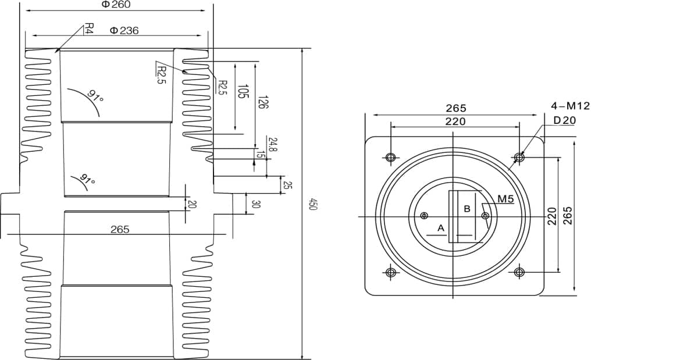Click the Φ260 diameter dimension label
click(116, 5)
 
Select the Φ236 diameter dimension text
click(124, 30)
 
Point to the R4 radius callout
click(89, 28)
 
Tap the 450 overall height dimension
click(312, 205)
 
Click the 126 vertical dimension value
click(262, 102)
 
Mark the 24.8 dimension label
click(273, 144)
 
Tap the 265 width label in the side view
click(120, 230)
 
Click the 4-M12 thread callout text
click(570, 106)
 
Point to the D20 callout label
click(564, 120)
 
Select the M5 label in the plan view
click(505, 199)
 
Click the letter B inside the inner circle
click(466, 208)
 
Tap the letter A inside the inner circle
click(441, 228)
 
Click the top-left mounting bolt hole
click(390, 157)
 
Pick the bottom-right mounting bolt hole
click(519, 272)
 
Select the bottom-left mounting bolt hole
click(390, 272)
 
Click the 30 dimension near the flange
click(255, 204)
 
